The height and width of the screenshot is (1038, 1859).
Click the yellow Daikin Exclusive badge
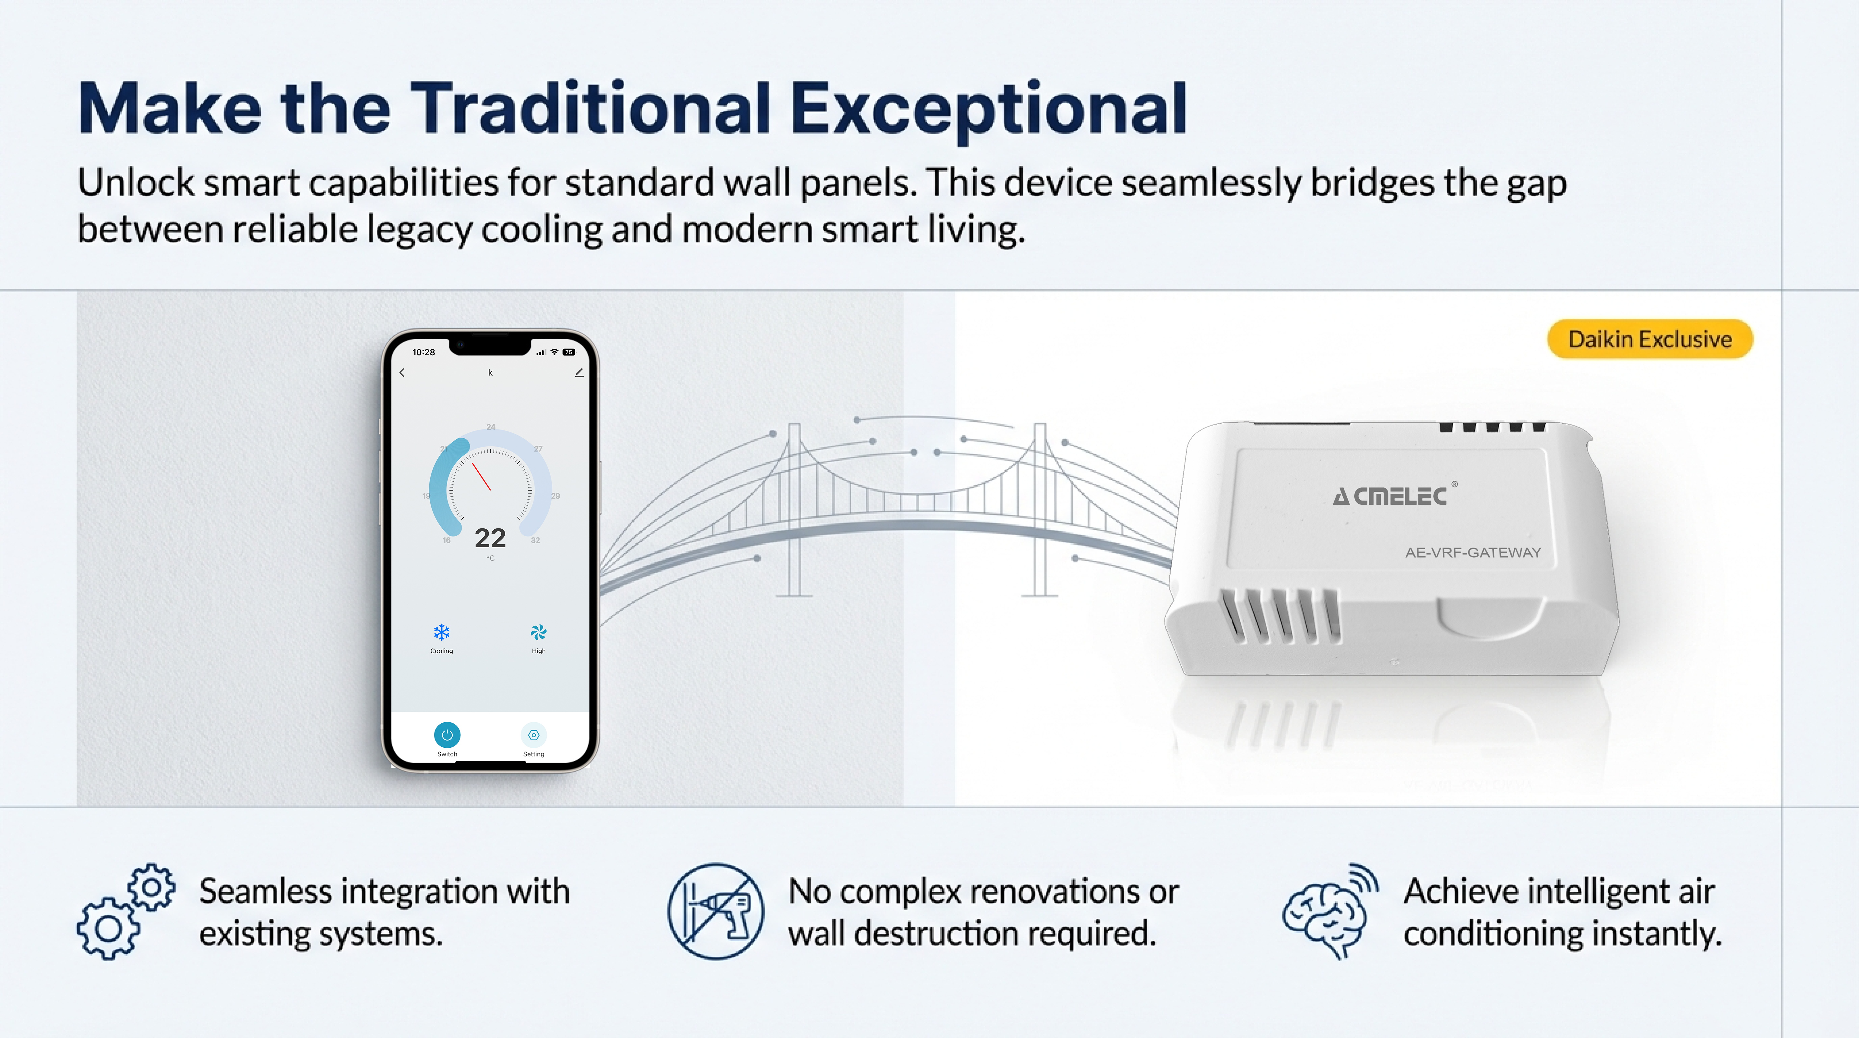tap(1650, 339)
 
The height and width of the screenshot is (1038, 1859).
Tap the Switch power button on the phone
tap(447, 735)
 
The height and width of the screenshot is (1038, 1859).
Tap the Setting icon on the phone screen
tap(533, 735)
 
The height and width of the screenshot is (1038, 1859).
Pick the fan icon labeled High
tap(538, 632)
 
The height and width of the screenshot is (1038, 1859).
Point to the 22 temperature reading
tap(490, 538)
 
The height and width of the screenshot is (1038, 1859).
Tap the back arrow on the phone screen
tap(402, 372)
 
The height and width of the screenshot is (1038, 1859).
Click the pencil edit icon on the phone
tap(579, 372)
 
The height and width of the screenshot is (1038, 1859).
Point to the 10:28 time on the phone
tap(423, 352)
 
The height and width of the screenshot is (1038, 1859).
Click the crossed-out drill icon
tap(715, 911)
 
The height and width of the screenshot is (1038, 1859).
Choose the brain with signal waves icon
tap(1329, 911)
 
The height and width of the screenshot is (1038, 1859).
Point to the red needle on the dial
tap(481, 477)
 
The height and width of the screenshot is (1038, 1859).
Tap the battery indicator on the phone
tap(569, 352)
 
